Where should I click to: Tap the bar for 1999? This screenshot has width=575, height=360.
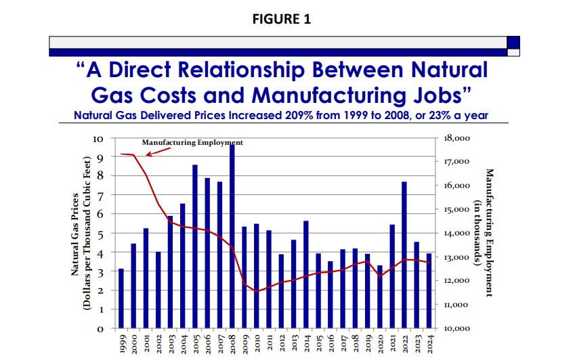(x=121, y=298)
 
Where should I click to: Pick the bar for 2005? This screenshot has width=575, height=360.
(x=195, y=246)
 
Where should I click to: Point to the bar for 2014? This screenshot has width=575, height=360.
(x=305, y=274)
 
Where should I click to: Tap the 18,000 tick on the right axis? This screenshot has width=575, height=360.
(x=456, y=138)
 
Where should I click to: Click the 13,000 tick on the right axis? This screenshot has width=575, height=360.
(x=456, y=257)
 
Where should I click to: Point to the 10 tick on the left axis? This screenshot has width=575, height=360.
(x=98, y=139)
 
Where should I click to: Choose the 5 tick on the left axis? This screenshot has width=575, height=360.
(x=101, y=233)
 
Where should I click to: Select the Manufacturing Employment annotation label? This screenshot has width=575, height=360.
(x=192, y=143)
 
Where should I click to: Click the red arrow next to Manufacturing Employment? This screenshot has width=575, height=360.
(x=158, y=151)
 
